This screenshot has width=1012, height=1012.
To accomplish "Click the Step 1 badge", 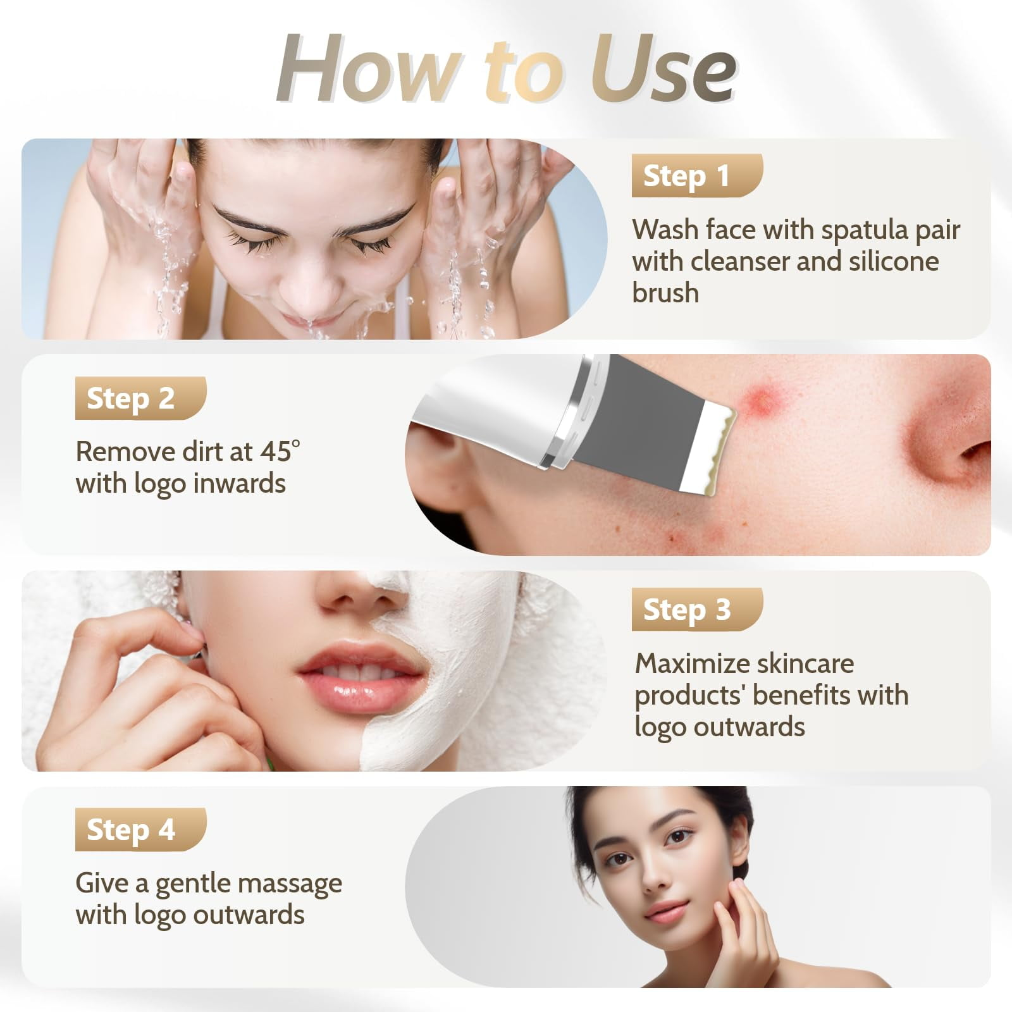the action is click(x=696, y=175).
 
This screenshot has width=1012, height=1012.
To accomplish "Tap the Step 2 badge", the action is click(x=140, y=398).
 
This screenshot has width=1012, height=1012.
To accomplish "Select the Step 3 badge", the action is click(x=696, y=609).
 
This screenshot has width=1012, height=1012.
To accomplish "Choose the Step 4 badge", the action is click(x=140, y=829).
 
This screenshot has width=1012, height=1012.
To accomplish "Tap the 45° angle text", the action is click(x=280, y=452).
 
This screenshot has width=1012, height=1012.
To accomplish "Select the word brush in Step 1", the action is click(x=665, y=293).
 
